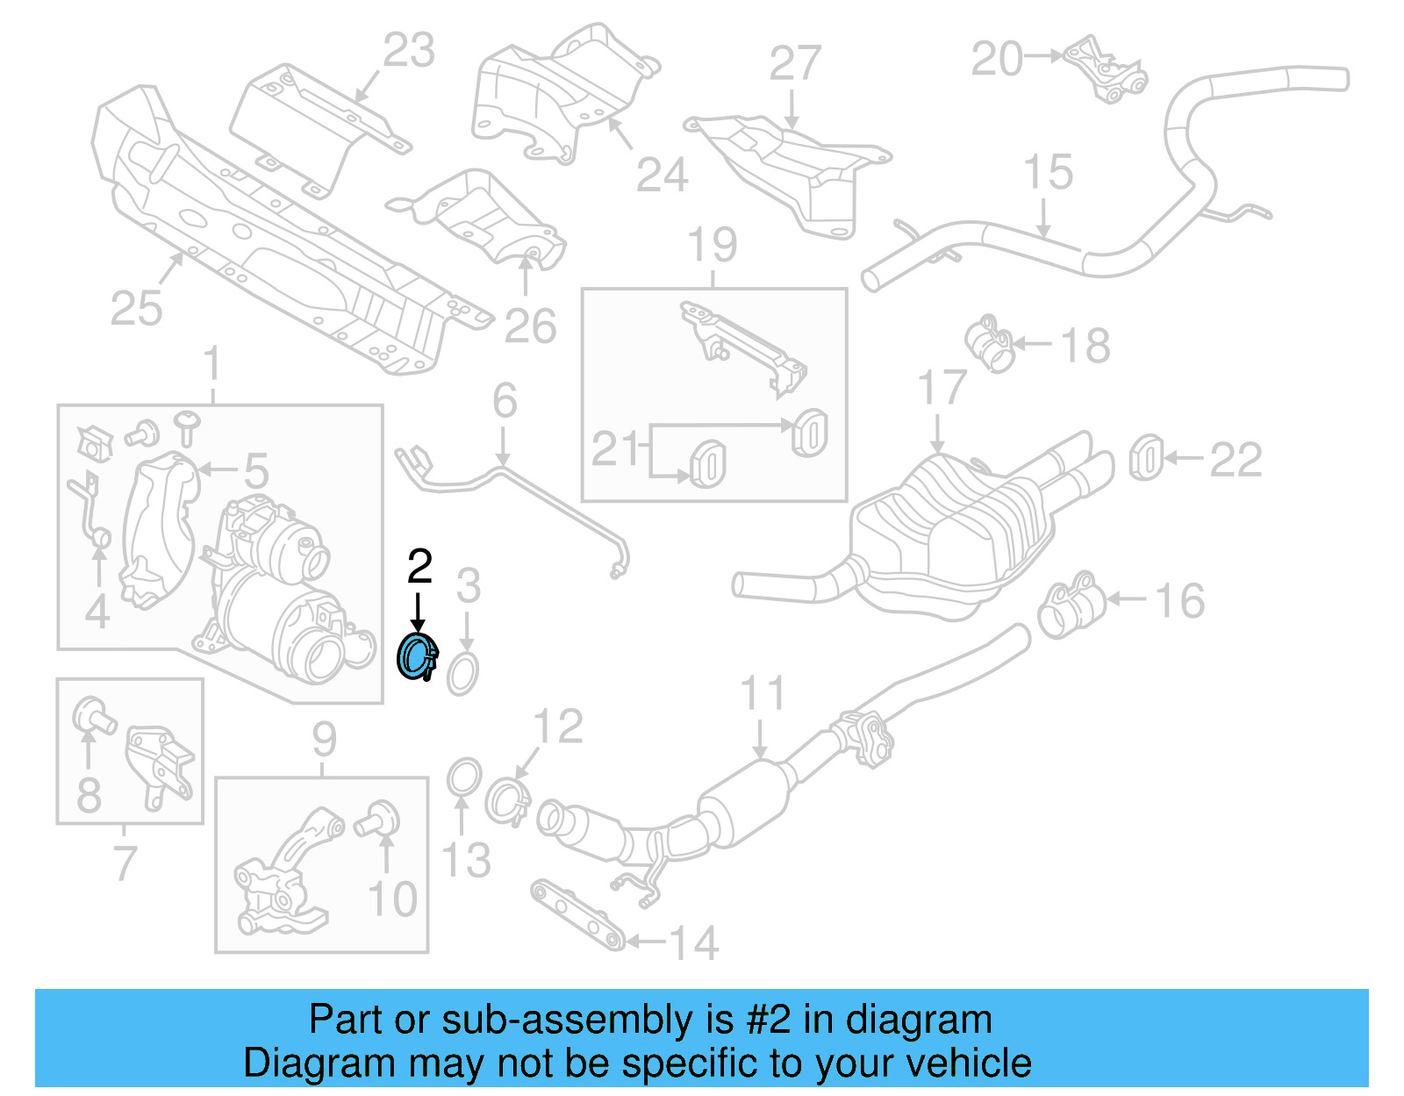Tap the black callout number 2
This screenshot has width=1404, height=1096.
(419, 567)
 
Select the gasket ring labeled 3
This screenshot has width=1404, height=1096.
(463, 674)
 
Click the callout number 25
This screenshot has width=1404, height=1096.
(136, 309)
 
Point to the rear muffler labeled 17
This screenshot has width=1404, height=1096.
(952, 535)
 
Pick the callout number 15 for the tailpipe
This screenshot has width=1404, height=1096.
(1048, 172)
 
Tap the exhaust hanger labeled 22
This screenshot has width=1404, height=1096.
(1145, 458)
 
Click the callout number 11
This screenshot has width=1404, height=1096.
(762, 693)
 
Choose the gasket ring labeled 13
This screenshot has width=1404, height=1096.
(463, 777)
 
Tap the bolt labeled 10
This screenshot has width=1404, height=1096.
(379, 820)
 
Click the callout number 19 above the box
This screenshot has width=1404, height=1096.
(712, 245)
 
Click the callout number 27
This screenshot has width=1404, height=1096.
(794, 63)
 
